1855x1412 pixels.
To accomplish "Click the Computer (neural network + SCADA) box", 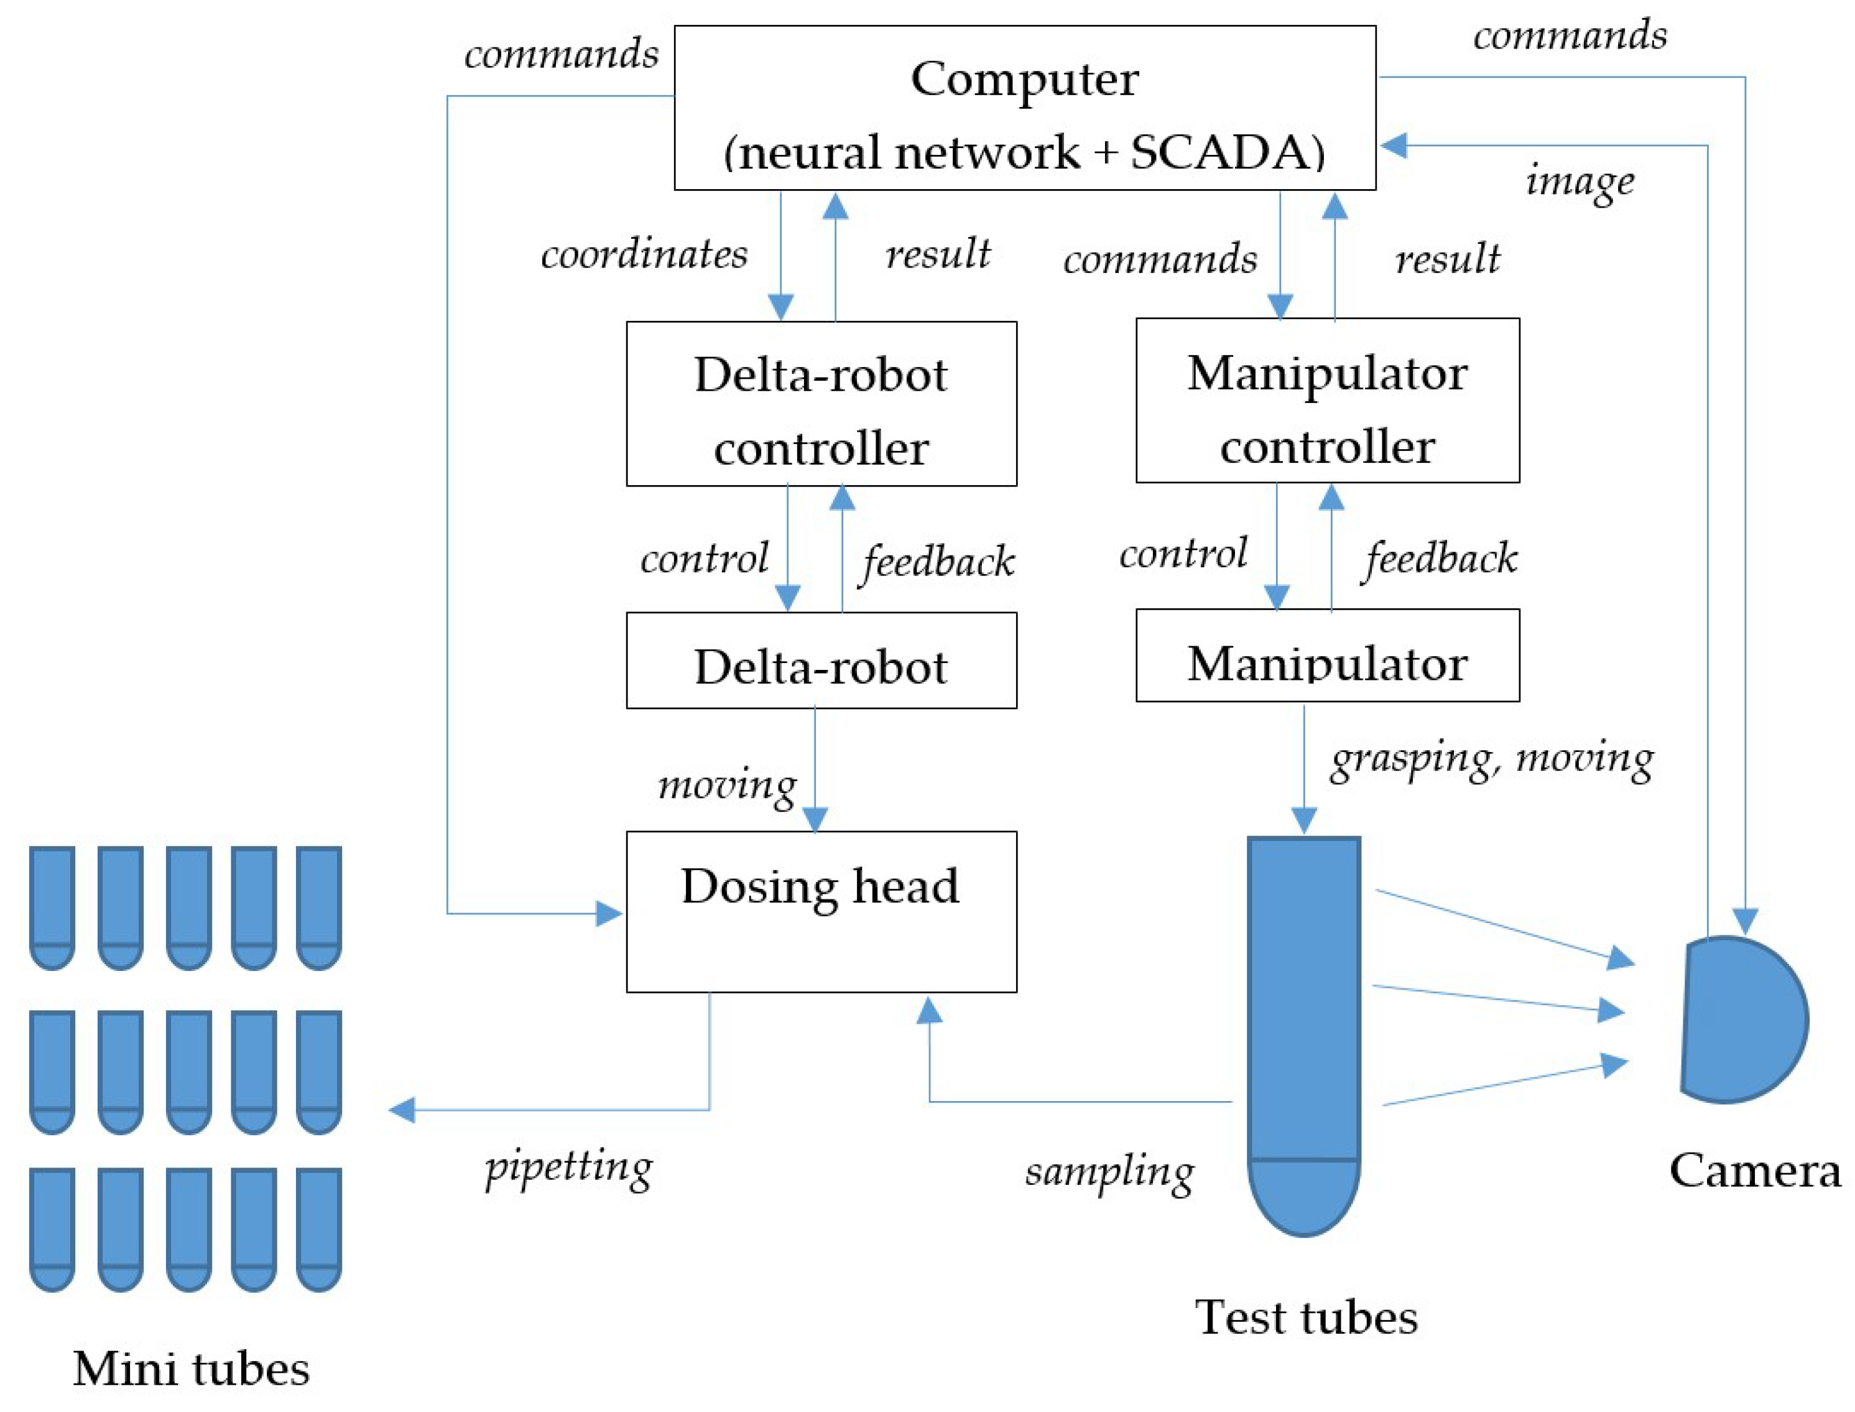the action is pyautogui.click(x=1024, y=108).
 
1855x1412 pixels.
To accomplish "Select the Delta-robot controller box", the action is pyautogui.click(x=821, y=404).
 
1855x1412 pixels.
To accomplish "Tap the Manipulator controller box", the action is pyautogui.click(x=1328, y=400).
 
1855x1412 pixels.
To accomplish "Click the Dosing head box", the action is pyautogui.click(x=821, y=912).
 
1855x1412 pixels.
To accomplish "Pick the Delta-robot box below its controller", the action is pyautogui.click(x=821, y=661).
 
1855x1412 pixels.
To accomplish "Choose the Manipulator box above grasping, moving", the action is pyautogui.click(x=1328, y=656).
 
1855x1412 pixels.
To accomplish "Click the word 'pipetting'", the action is pyautogui.click(x=569, y=1168).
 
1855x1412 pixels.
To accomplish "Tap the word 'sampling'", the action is pyautogui.click(x=1109, y=1172).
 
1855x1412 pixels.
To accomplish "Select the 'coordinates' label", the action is pyautogui.click(x=644, y=254).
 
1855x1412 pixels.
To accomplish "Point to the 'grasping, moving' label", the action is pyautogui.click(x=1492, y=761).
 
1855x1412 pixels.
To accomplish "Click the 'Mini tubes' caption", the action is pyautogui.click(x=192, y=1369).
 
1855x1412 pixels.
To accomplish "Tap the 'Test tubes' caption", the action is pyautogui.click(x=1307, y=1317).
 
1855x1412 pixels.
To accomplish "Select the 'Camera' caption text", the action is pyautogui.click(x=1755, y=1170).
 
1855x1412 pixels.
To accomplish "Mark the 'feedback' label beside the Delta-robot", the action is pyautogui.click(x=937, y=563).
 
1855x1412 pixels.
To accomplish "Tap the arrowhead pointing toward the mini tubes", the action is pyautogui.click(x=402, y=1110).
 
